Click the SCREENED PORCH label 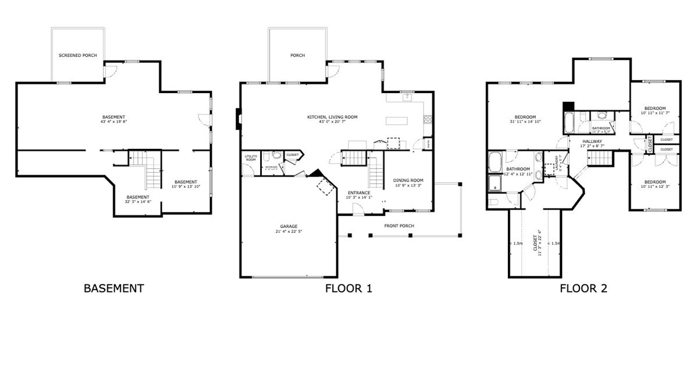[77, 56]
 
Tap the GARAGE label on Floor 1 [288, 226]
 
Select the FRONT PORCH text [399, 226]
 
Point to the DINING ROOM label [408, 180]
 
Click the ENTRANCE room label [359, 193]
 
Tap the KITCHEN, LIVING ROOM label [332, 117]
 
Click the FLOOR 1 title [348, 288]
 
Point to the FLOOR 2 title [584, 288]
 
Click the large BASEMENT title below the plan [113, 288]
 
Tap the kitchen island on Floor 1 [396, 120]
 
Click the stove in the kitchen [428, 120]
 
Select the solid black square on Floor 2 [568, 106]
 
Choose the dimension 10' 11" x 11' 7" [657, 113]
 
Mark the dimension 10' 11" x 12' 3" [655, 186]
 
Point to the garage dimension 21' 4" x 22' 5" [288, 231]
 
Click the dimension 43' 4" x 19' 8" [113, 122]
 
